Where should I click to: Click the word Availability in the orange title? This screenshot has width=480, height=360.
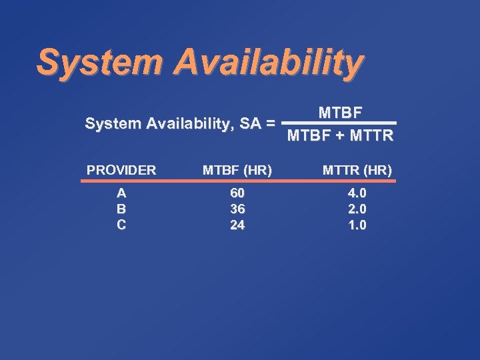pos(269,63)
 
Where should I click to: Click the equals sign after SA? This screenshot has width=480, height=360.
pos(269,123)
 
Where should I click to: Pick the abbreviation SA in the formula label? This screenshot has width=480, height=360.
pos(248,123)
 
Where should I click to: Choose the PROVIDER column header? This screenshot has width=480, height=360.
pos(121,170)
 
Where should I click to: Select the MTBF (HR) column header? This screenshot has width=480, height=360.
pos(237,170)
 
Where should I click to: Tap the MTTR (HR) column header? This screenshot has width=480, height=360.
pos(357,170)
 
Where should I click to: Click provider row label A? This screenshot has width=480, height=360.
pos(121,193)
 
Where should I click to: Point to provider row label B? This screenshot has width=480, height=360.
pos(121,209)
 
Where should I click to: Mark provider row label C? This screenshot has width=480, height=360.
pos(121,225)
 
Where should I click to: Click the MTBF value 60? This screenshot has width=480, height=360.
pos(237,193)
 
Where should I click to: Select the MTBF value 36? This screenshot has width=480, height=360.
pos(237,209)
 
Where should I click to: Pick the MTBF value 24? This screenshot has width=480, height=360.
pos(237,225)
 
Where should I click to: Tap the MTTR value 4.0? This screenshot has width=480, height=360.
pos(357,193)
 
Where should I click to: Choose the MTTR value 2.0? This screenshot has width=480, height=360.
pos(357,209)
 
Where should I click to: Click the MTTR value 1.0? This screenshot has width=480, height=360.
pos(357,225)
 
